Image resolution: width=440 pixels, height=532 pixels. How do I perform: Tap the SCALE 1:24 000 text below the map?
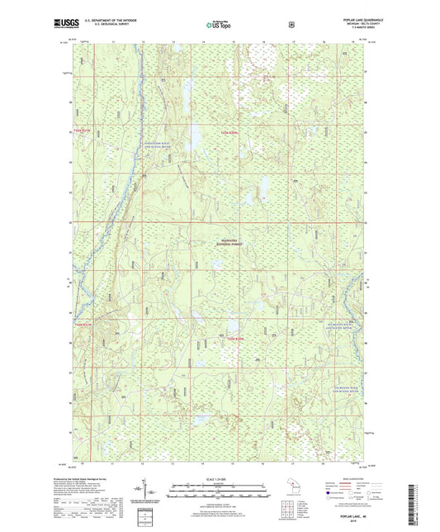218,481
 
